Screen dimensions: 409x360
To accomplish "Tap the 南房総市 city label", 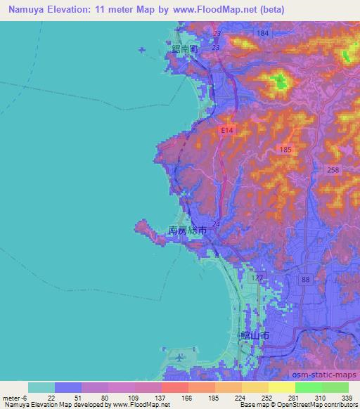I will pyautogui.click(x=187, y=230).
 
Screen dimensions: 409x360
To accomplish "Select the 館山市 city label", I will pyautogui.click(x=255, y=337).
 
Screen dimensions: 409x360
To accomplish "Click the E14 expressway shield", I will pyautogui.click(x=226, y=131).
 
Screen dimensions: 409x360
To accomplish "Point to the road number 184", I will pyautogui.click(x=263, y=34).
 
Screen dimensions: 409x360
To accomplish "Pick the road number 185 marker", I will pyautogui.click(x=285, y=150).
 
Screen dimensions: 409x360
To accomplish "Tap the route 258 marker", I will pyautogui.click(x=333, y=171).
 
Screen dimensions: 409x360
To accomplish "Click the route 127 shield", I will pyautogui.click(x=258, y=278).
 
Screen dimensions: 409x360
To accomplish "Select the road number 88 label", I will pyautogui.click(x=305, y=280).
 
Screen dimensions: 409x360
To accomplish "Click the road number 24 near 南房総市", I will pyautogui.click(x=215, y=224).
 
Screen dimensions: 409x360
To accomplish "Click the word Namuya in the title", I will pyautogui.click(x=27, y=9).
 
